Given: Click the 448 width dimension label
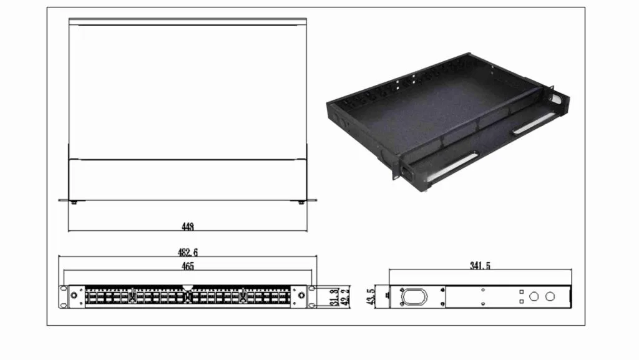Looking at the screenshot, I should (x=187, y=227).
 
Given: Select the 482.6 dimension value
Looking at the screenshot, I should (x=188, y=253).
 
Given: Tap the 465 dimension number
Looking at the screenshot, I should (x=188, y=266).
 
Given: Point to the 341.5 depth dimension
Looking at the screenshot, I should (x=480, y=266).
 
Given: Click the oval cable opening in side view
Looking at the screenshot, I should (x=412, y=296).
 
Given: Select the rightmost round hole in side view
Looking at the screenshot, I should (x=550, y=296).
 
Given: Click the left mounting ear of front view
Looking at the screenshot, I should (x=63, y=297).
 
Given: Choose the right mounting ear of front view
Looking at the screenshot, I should (x=312, y=297).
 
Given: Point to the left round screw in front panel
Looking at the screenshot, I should (x=74, y=296).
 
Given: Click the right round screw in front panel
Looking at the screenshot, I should (x=303, y=296).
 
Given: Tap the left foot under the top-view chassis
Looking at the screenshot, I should (x=76, y=202).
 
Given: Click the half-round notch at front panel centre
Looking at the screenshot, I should (x=188, y=289).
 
